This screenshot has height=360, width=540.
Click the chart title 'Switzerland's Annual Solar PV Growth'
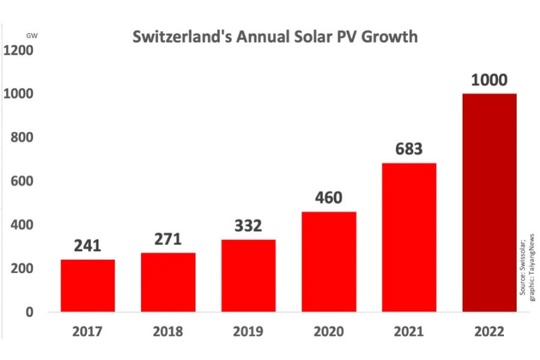tap(274, 37)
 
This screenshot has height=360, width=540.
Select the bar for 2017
tap(88, 286)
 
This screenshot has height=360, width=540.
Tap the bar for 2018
tap(168, 282)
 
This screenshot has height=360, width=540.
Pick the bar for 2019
tap(248, 276)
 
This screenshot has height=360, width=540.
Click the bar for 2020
tap(329, 262)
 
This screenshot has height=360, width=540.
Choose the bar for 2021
tap(409, 238)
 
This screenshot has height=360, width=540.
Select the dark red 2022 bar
tap(489, 203)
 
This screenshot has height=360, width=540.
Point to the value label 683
tap(409, 149)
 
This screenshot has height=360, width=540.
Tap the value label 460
tap(329, 198)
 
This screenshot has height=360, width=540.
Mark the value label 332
tap(248, 226)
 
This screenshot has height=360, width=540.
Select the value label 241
tap(88, 246)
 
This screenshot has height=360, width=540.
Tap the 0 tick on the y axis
tap(29, 313)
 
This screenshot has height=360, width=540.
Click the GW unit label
tap(32, 36)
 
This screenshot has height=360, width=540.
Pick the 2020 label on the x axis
tap(329, 331)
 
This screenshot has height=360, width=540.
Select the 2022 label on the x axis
tap(489, 331)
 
